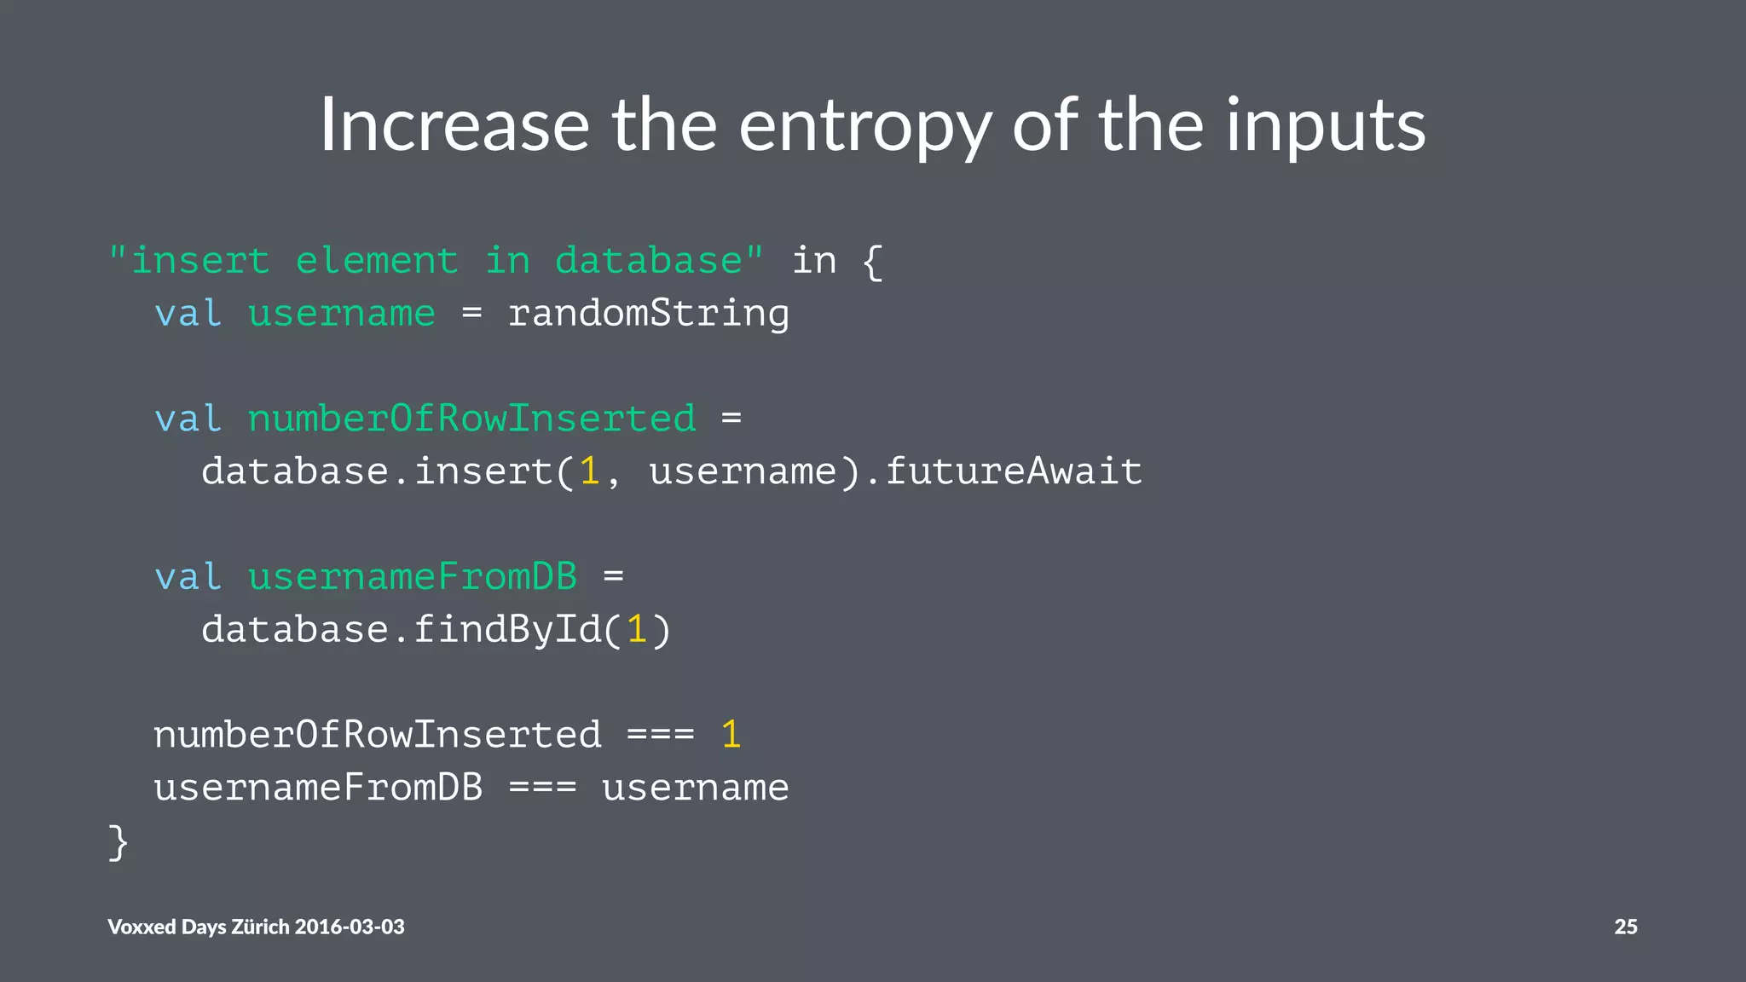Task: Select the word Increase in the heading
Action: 454,125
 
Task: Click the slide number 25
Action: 1625,927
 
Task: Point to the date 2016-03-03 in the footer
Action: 350,927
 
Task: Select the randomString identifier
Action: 649,314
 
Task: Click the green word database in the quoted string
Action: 649,261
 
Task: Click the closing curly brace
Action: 119,842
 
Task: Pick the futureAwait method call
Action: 1014,471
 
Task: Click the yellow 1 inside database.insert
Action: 590,471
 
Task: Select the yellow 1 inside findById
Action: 637,630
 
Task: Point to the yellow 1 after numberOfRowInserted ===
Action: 731,735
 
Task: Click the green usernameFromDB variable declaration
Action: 413,577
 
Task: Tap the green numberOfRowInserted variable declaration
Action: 471,419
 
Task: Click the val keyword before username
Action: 188,314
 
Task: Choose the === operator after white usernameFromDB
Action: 542,788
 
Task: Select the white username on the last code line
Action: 695,788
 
